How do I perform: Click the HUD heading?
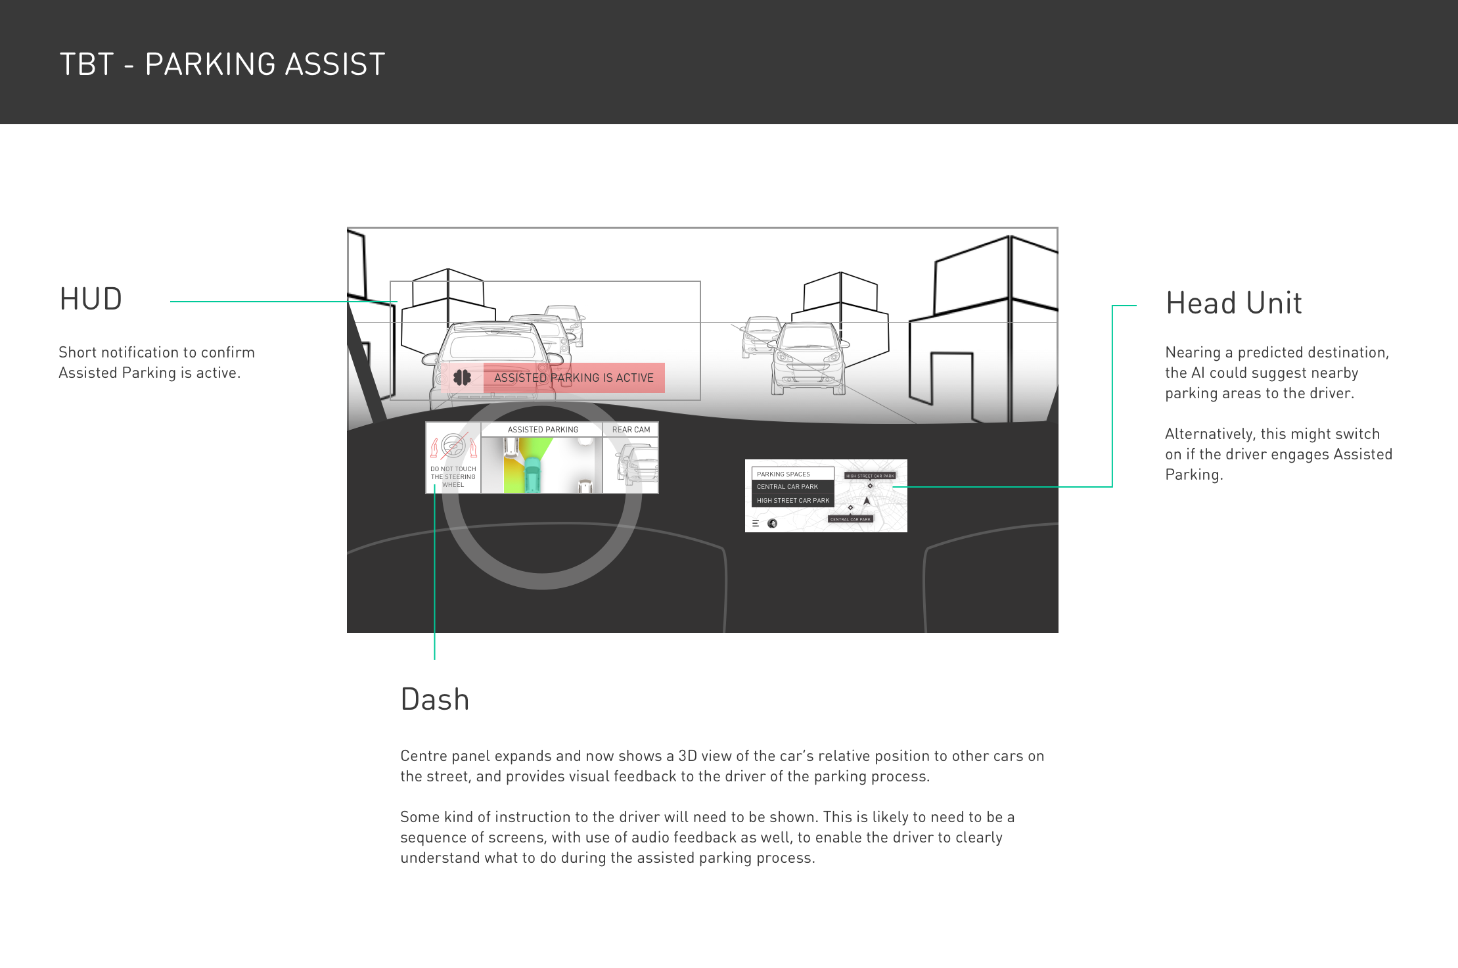[91, 299]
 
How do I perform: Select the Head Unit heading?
[1233, 303]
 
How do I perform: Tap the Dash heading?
[434, 699]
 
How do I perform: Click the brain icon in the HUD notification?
[463, 378]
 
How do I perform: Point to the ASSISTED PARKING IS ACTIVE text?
[574, 378]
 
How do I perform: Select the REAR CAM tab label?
[631, 430]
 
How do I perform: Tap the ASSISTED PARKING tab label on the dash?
[543, 430]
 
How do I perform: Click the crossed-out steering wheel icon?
[453, 448]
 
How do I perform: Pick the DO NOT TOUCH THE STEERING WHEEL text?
[453, 477]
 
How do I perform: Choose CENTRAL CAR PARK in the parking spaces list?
[787, 487]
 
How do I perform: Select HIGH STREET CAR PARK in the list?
[792, 501]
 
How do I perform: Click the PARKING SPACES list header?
[783, 474]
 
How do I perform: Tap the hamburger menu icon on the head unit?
[756, 524]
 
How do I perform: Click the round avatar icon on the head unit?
[772, 524]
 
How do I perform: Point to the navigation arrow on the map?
[867, 501]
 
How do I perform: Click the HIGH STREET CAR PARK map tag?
[870, 476]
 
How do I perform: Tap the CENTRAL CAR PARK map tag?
[850, 519]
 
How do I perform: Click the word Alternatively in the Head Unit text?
[1206, 434]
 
